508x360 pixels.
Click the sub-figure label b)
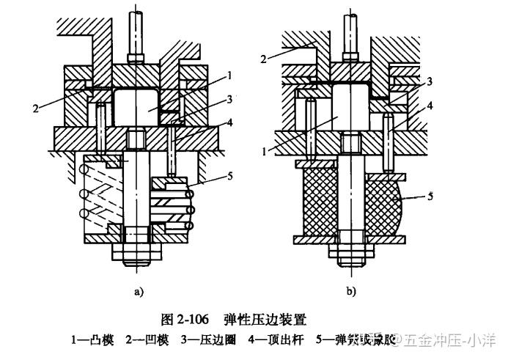pos(352,292)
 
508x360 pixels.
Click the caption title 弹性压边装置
pos(265,320)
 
